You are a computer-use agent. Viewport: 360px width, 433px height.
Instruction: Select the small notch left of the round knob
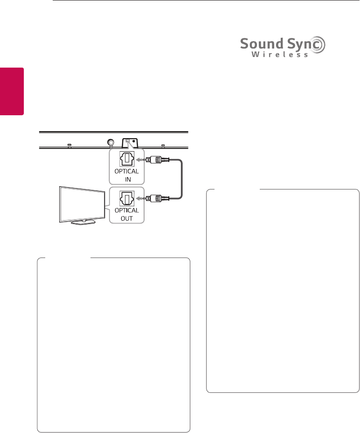click(x=69, y=146)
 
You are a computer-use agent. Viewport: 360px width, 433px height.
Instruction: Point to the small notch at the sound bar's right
click(x=162, y=146)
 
